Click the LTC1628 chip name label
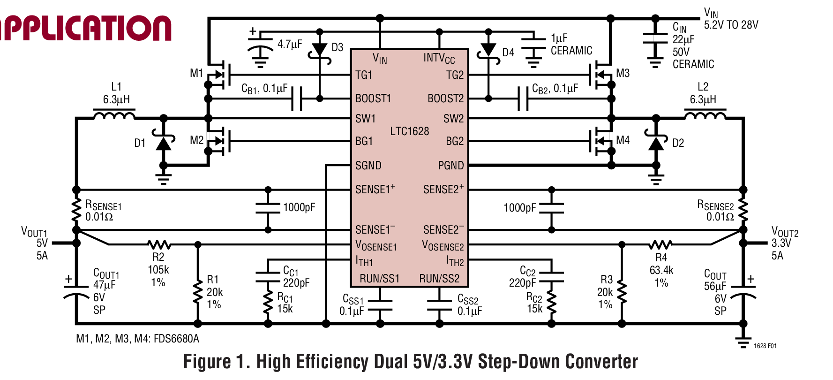(x=409, y=131)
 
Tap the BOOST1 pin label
(x=373, y=99)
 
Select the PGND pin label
(x=450, y=166)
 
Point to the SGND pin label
(x=368, y=166)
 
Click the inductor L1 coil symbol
(x=114, y=114)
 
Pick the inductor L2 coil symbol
(x=705, y=114)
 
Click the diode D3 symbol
(x=320, y=50)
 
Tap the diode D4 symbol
(x=488, y=50)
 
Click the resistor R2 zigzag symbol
(x=159, y=244)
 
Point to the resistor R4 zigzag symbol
(x=660, y=244)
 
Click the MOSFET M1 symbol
(x=219, y=75)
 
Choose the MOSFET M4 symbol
(x=600, y=141)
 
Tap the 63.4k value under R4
(x=661, y=270)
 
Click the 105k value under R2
(x=158, y=270)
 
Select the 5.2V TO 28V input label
(x=731, y=25)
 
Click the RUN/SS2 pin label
(x=439, y=279)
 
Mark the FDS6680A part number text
(x=176, y=339)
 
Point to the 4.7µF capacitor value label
(x=290, y=45)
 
